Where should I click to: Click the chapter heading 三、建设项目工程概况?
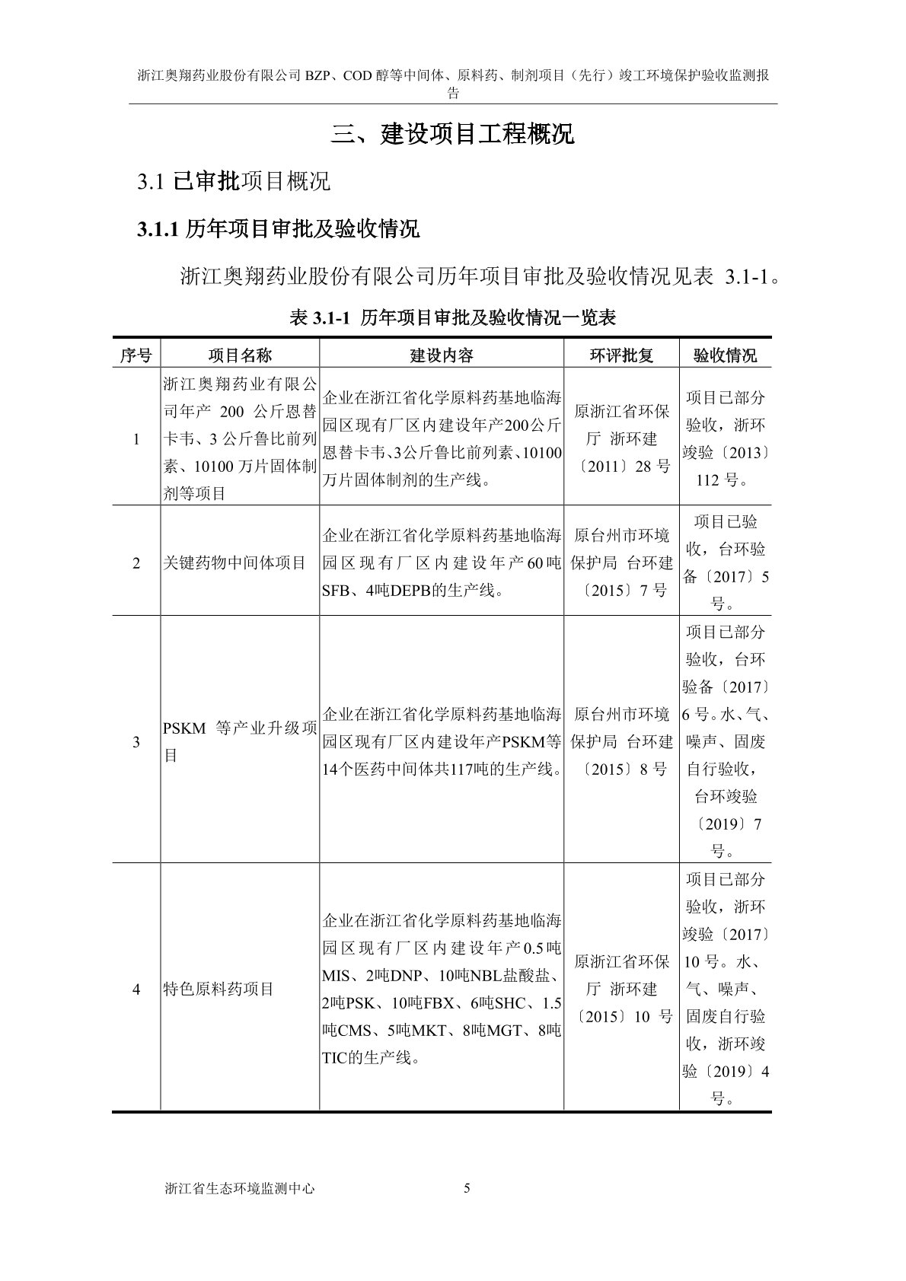tap(452, 135)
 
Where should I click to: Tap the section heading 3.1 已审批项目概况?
tap(234, 181)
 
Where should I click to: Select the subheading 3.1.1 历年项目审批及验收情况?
tap(278, 229)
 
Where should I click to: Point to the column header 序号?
tap(136, 355)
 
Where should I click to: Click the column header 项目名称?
tap(240, 355)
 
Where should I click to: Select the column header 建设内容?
tap(442, 355)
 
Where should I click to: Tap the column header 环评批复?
tap(621, 355)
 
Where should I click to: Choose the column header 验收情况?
tap(725, 355)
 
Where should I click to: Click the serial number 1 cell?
tap(136, 439)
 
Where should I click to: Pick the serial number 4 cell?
tap(136, 989)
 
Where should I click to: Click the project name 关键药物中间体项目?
tap(234, 563)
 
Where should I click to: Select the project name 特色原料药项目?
tap(219, 989)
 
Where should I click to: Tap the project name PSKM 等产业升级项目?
tap(240, 741)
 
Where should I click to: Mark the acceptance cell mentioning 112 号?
tap(725, 439)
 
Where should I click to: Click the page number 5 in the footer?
tap(467, 1188)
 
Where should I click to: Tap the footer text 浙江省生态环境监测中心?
tap(239, 1189)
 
